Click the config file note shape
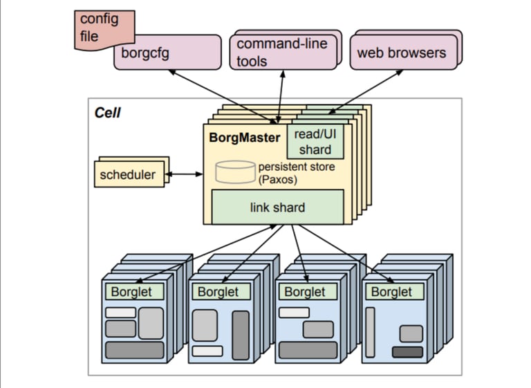[x=93, y=26]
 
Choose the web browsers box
[x=401, y=53]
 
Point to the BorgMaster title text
[x=244, y=137]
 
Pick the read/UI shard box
[x=315, y=142]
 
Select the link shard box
[x=277, y=207]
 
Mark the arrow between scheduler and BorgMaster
[x=183, y=174]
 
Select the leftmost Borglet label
[x=132, y=292]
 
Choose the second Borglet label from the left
[x=218, y=292]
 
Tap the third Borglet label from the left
[x=305, y=292]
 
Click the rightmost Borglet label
[x=391, y=292]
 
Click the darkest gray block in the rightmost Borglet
[x=407, y=352]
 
